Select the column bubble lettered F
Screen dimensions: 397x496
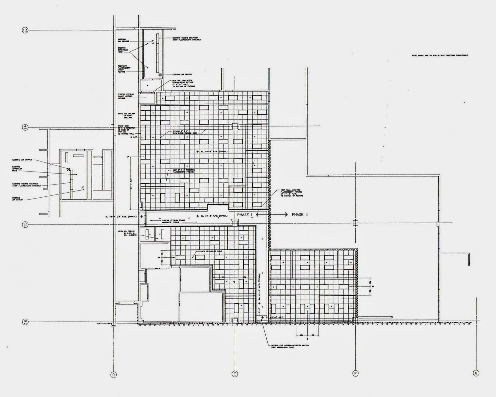355,373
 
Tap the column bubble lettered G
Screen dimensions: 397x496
476,373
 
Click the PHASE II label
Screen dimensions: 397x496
299,215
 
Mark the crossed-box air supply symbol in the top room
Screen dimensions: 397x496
160,75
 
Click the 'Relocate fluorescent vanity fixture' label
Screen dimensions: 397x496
122,69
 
